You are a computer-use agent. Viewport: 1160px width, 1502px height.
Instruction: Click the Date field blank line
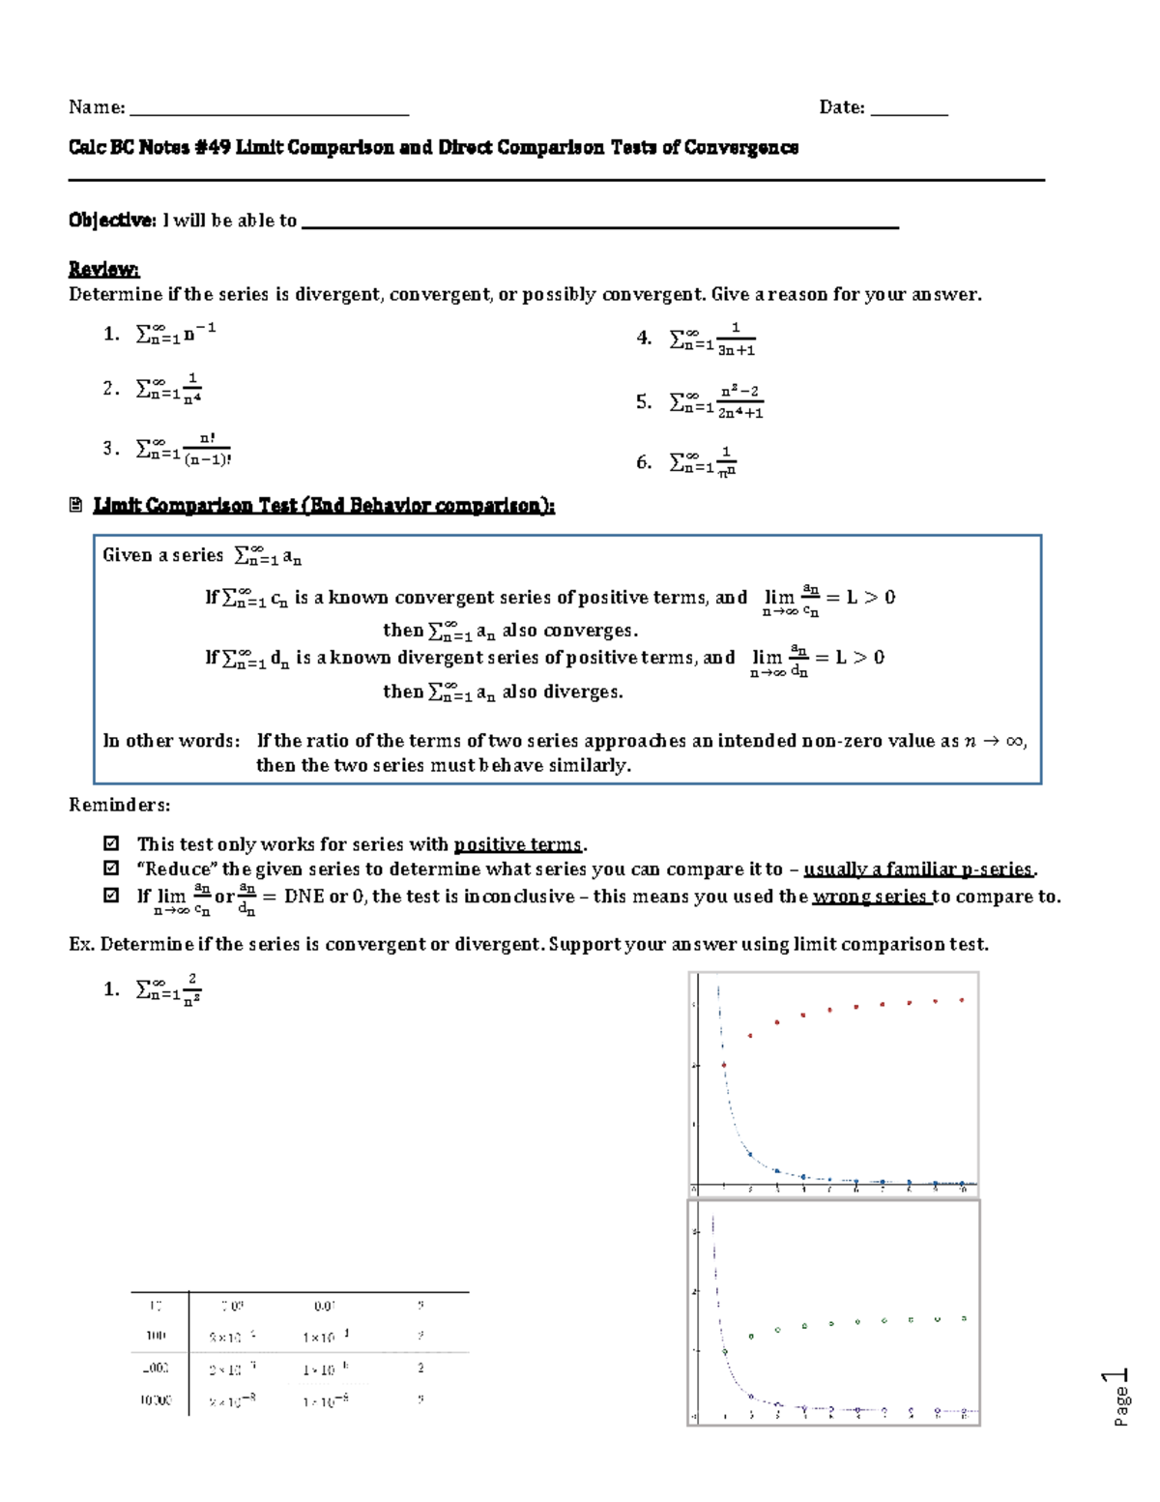click(x=909, y=109)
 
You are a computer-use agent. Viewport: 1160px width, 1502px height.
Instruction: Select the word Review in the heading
click(x=102, y=269)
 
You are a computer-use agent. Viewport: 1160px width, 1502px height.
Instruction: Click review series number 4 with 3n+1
click(x=713, y=339)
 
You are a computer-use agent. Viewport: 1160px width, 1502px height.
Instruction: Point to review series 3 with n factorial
click(x=184, y=449)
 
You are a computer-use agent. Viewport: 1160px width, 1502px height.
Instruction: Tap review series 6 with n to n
click(x=704, y=462)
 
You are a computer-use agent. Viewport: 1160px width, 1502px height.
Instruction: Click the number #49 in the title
click(x=213, y=148)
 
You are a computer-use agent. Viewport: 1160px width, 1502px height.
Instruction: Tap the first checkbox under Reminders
click(x=111, y=843)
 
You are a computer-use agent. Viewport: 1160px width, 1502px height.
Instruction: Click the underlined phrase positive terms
click(x=518, y=844)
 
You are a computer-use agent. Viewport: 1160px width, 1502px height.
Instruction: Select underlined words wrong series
click(x=870, y=897)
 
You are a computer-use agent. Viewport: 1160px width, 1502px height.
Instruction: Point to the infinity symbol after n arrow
click(x=1013, y=741)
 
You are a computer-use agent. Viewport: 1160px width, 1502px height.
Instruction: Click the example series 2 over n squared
click(x=169, y=989)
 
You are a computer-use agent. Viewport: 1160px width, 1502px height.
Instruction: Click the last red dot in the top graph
click(x=962, y=1000)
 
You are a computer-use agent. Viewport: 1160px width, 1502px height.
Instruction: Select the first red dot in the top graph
click(x=724, y=1065)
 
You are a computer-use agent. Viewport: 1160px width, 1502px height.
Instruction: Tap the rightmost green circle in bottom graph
click(x=964, y=1318)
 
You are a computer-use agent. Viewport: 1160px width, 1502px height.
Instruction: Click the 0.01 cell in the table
click(x=325, y=1307)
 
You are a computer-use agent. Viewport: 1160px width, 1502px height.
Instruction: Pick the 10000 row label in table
click(x=156, y=1400)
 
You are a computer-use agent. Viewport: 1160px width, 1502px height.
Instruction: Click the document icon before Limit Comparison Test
click(x=76, y=505)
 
